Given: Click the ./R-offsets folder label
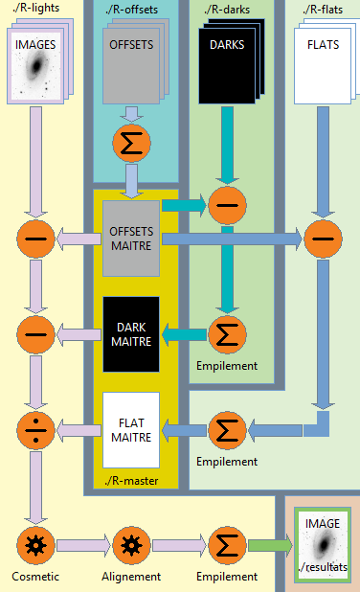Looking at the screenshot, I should click(x=133, y=11).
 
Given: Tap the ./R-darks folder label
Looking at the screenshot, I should click(x=226, y=11).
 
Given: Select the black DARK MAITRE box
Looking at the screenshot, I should click(x=130, y=334).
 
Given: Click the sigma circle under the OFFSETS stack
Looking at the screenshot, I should click(x=131, y=143).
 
